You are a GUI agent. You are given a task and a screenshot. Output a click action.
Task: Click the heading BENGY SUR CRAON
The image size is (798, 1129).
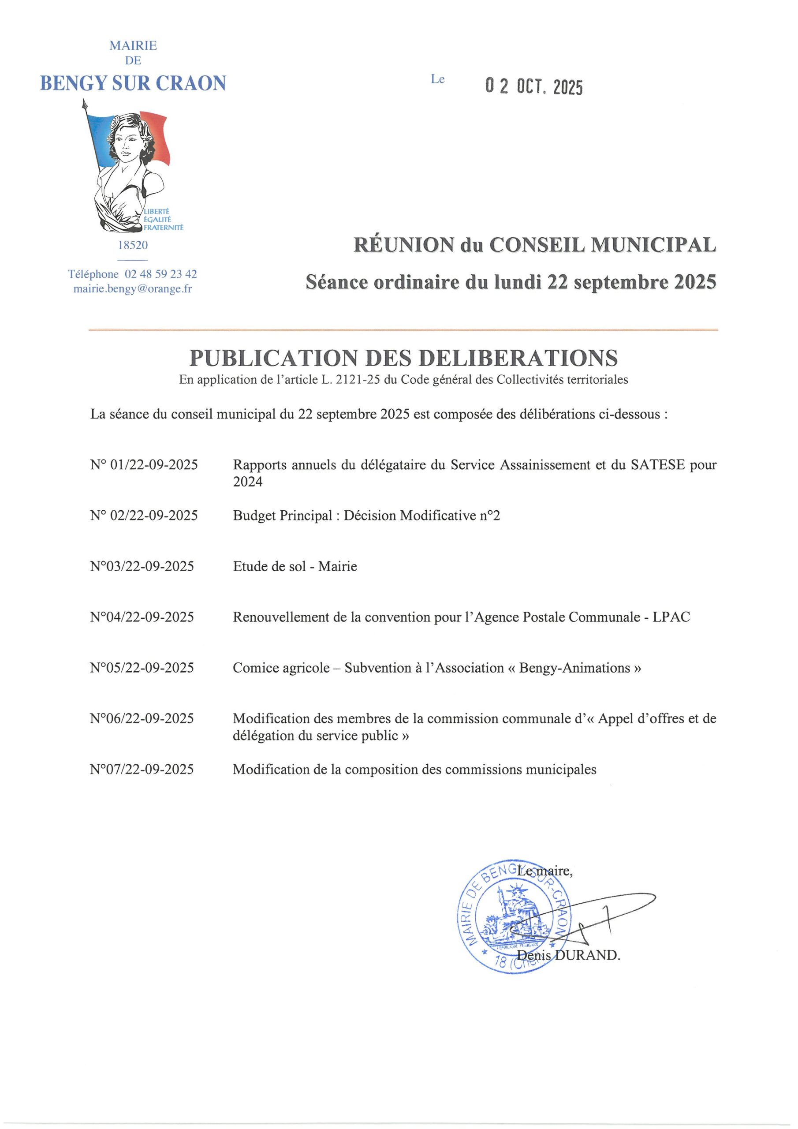coord(133,83)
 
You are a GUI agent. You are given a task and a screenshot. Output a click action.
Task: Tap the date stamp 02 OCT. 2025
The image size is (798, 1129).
coord(533,87)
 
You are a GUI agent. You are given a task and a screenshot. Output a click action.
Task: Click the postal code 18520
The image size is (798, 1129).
coord(133,245)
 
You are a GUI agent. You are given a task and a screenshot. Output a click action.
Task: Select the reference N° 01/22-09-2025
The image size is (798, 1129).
coord(144,465)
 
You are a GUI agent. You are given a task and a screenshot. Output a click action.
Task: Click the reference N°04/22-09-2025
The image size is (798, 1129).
coord(142,617)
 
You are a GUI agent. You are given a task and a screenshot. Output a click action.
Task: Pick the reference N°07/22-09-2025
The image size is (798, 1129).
coord(142,769)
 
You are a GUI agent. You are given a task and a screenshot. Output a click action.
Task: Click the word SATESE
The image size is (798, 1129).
coord(657,465)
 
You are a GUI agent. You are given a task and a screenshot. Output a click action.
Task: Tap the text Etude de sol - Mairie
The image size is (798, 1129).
coord(295,566)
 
